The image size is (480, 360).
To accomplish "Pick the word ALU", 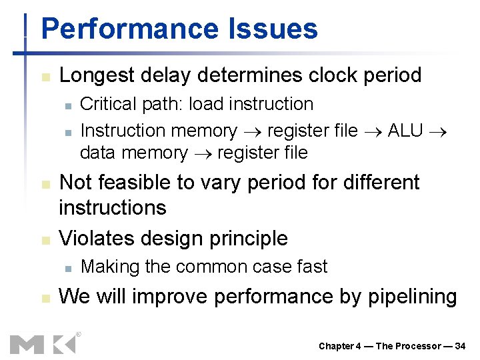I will click(405, 131).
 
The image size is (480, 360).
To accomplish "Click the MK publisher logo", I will click(43, 343).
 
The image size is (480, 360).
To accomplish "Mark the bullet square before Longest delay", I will click(45, 77).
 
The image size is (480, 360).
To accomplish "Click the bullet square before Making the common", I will click(67, 268).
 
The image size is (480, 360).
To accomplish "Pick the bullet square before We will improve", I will click(45, 298).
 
